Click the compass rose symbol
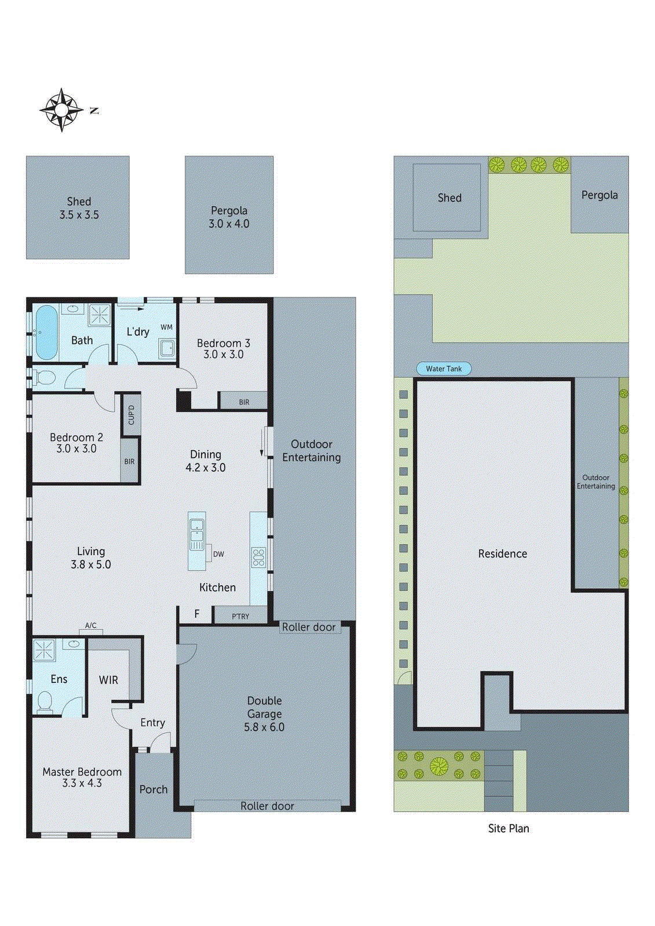(x=61, y=110)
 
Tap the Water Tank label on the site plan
(x=444, y=369)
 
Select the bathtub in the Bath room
(x=46, y=332)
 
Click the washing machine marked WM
(x=167, y=347)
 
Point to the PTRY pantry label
(x=240, y=616)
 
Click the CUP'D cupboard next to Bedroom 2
(x=131, y=415)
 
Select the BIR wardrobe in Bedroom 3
(x=244, y=402)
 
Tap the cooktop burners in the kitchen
(x=258, y=557)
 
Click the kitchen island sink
(x=197, y=530)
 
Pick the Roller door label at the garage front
(x=267, y=806)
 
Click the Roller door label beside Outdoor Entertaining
(x=309, y=627)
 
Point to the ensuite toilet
(x=45, y=702)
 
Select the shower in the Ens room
(x=43, y=650)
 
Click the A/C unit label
(x=91, y=625)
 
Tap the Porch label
(x=153, y=789)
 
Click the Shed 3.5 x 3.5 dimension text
(x=79, y=215)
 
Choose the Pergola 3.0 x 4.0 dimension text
(x=229, y=224)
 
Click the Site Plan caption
(x=508, y=828)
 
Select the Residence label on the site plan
(x=503, y=554)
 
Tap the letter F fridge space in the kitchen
(x=197, y=614)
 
